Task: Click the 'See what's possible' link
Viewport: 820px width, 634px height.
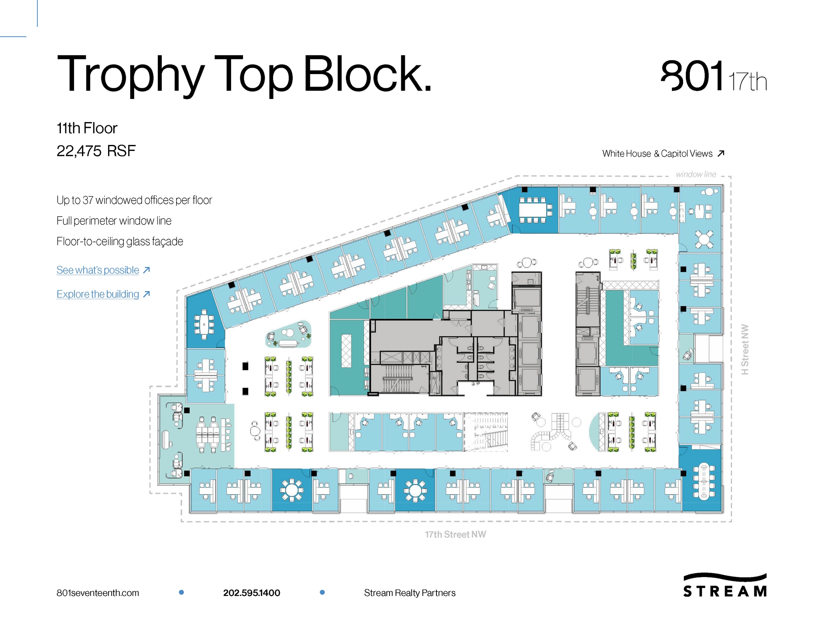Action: (x=98, y=270)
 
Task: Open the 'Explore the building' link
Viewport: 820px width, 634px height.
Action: (x=98, y=294)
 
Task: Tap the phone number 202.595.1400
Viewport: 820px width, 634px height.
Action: (x=251, y=593)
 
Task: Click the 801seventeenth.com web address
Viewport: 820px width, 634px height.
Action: (x=98, y=593)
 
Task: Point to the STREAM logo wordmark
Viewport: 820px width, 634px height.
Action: (x=725, y=591)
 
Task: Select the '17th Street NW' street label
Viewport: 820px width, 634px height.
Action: (x=455, y=534)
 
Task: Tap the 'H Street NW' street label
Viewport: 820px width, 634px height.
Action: (x=745, y=349)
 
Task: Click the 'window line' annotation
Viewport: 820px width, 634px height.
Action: (x=696, y=174)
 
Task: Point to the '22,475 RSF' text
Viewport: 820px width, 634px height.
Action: (x=96, y=151)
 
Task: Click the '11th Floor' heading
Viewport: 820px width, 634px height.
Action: (x=87, y=128)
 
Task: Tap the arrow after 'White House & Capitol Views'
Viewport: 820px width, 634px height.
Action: (x=721, y=153)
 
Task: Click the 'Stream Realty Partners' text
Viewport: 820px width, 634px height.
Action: (x=410, y=593)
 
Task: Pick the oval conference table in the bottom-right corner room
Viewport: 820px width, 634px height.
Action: (x=703, y=481)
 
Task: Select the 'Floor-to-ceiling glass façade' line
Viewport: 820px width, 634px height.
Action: (x=120, y=242)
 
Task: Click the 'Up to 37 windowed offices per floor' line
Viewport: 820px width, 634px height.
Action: (x=134, y=200)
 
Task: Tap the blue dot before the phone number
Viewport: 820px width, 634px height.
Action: (x=181, y=592)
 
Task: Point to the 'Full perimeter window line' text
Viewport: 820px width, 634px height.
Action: (x=114, y=221)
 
